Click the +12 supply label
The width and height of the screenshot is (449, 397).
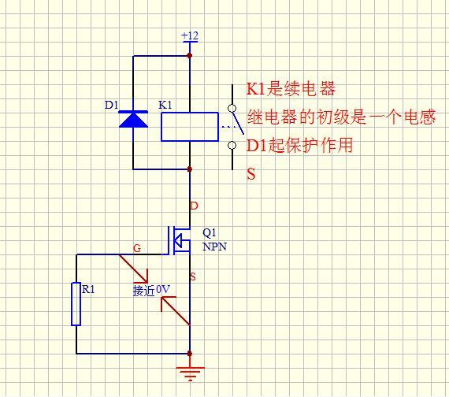190,36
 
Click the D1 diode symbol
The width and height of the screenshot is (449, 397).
133,119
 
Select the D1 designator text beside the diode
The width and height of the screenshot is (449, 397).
111,105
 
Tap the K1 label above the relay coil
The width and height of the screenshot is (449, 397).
165,105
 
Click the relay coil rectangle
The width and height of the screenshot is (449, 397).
190,127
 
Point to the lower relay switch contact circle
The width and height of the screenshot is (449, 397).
232,145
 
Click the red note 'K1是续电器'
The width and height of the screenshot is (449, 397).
291,89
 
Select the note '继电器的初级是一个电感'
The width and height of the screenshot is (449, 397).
340,117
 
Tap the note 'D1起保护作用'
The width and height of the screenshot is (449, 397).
299,145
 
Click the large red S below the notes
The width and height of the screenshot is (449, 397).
251,174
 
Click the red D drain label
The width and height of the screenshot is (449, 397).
195,206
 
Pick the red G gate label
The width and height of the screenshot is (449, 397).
137,248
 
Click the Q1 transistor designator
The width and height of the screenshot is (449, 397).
210,233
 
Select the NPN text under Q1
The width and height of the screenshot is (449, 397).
214,247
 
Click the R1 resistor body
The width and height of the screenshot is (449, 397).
76,303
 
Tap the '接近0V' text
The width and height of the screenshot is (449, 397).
151,289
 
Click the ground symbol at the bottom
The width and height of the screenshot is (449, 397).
190,372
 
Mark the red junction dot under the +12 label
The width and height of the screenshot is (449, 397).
190,56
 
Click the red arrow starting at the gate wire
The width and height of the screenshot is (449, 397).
133,269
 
